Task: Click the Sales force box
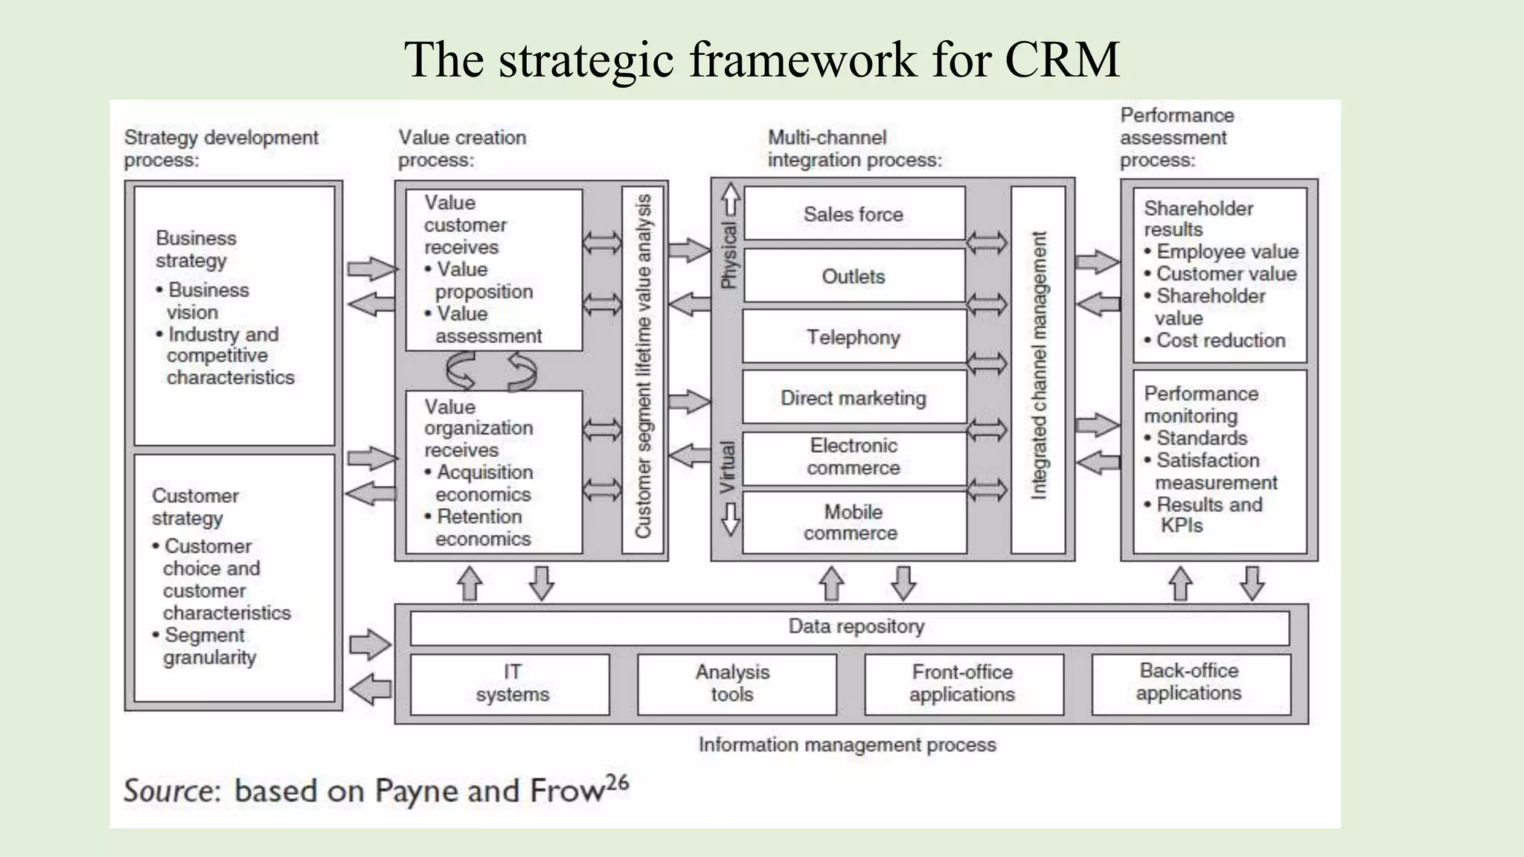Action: coord(854,214)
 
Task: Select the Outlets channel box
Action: coord(854,276)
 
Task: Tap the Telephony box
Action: coord(854,338)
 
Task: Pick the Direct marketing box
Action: coord(854,398)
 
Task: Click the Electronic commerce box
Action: coord(854,457)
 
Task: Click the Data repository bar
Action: coord(856,627)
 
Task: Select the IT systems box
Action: coord(512,684)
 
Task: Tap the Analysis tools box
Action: coord(733,684)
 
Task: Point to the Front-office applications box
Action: coord(962,684)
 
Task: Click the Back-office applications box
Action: coord(1189,682)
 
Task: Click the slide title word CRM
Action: coord(1062,59)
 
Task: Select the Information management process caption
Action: coord(847,745)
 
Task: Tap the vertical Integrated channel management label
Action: coord(1039,365)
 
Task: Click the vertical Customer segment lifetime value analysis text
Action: coord(643,365)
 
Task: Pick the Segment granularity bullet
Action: coord(205,646)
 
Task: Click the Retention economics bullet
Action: coord(479,527)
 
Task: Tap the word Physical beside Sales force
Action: coord(729,255)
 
